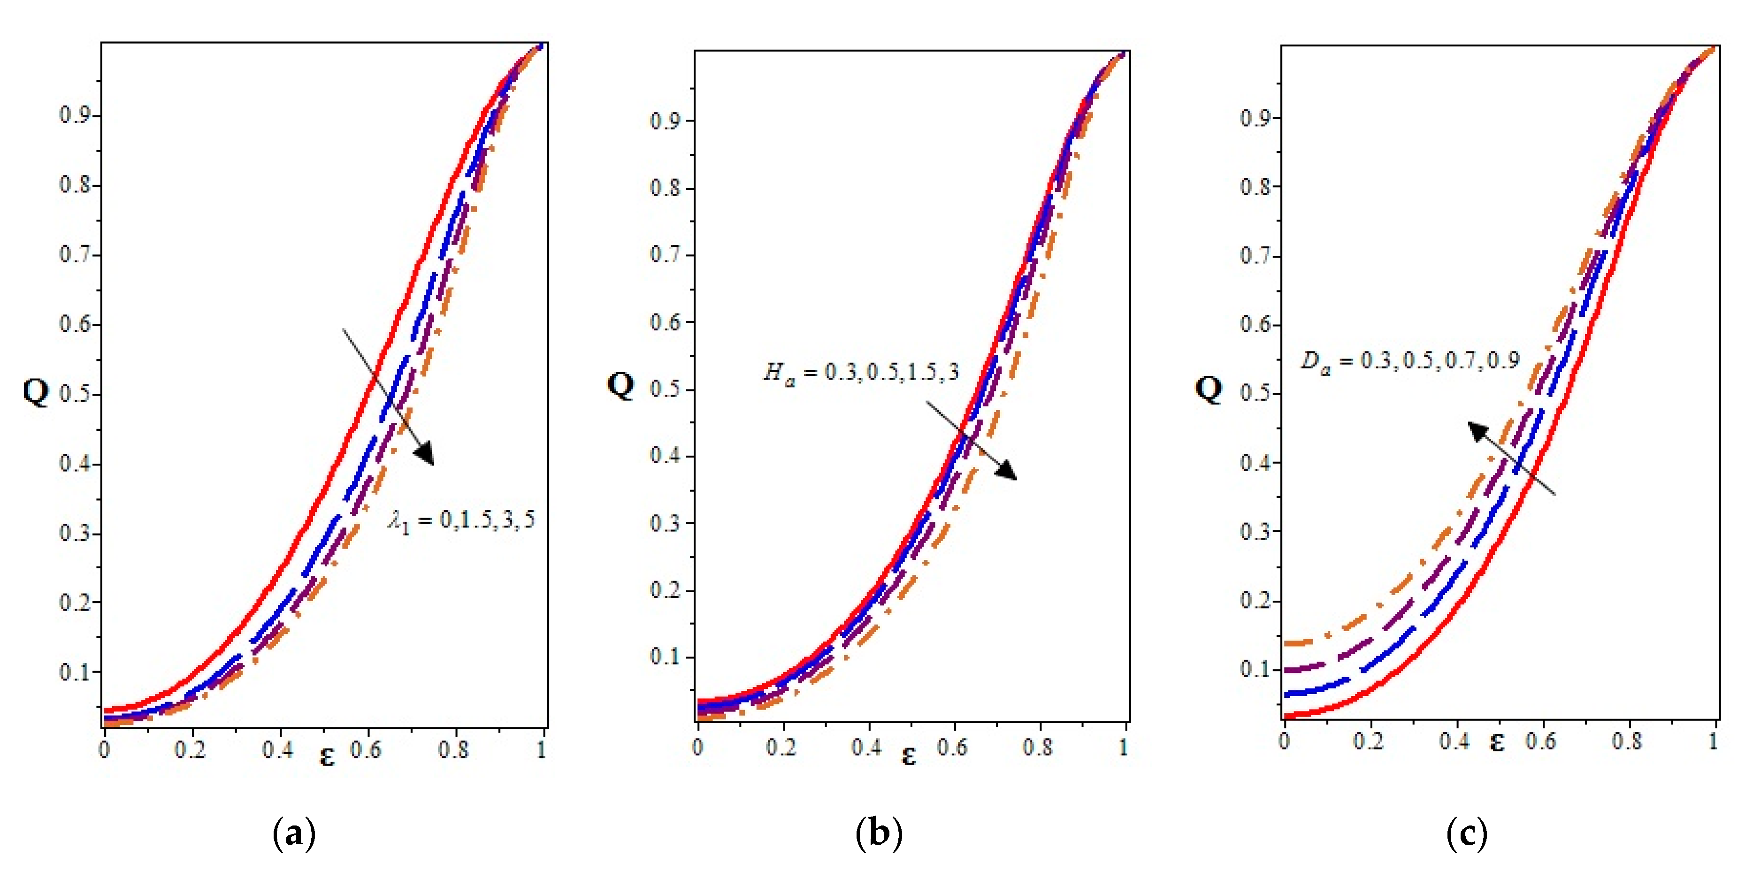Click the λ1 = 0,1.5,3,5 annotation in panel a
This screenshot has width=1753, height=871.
coord(462,521)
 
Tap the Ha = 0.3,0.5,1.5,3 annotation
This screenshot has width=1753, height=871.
coord(861,372)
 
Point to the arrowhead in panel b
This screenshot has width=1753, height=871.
coord(1008,471)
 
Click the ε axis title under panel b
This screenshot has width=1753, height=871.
coord(909,756)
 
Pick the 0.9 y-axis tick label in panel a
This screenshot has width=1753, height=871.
coord(75,115)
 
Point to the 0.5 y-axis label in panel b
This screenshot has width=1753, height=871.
coord(665,389)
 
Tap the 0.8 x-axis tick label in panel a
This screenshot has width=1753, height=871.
coord(453,750)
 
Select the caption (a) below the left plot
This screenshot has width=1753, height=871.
coord(294,833)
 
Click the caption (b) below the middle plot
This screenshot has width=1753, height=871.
coord(879,833)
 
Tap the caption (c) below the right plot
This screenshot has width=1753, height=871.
coord(1467,833)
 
